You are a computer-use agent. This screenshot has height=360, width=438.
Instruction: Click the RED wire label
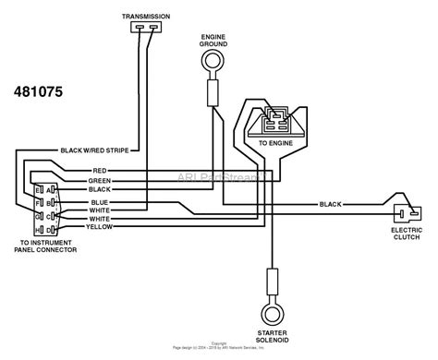(100, 170)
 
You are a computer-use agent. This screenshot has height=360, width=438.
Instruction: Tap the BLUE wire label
(99, 201)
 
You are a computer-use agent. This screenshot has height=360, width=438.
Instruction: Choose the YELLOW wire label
(99, 226)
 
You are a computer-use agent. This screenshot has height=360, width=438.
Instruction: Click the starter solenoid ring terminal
(272, 308)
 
